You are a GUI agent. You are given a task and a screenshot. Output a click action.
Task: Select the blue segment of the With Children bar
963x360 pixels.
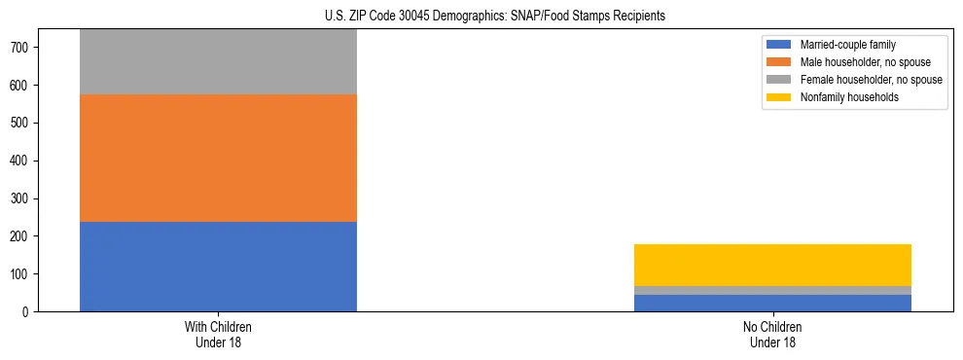(218, 267)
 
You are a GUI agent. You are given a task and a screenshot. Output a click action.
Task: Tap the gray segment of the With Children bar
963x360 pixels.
(218, 61)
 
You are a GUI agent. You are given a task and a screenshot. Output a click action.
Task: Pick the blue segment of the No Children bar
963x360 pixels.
(772, 303)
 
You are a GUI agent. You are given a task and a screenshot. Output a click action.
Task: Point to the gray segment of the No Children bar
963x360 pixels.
(772, 290)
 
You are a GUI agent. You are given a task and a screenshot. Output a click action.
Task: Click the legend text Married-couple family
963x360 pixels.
(847, 45)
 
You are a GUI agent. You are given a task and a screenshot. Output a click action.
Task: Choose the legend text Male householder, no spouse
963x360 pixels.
(865, 62)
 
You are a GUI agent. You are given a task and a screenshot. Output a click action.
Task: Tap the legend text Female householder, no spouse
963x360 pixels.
(871, 80)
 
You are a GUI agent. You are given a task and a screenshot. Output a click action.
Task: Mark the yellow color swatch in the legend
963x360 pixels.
(779, 97)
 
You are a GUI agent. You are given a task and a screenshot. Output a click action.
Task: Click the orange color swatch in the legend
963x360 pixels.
(779, 62)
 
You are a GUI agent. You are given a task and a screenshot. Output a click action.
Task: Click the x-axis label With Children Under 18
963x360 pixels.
(218, 334)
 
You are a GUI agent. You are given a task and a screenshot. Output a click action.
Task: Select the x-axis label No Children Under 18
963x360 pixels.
(772, 334)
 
